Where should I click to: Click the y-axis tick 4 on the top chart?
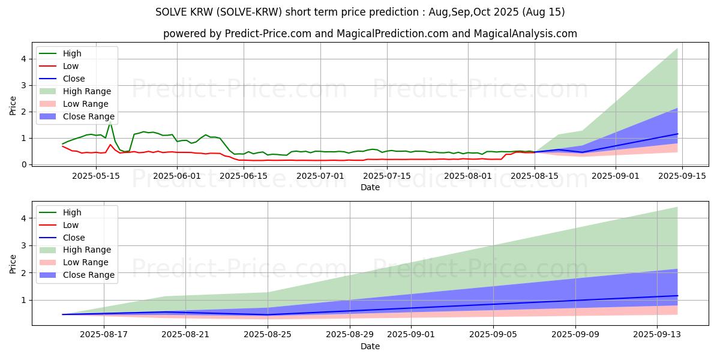pyautogui.click(x=24, y=59)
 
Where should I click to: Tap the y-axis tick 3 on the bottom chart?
pyautogui.click(x=24, y=246)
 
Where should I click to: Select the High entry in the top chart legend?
pyautogui.click(x=72, y=53)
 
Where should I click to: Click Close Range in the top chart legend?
pyautogui.click(x=88, y=116)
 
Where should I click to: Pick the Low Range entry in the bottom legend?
pyautogui.click(x=85, y=262)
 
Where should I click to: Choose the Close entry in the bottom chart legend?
pyautogui.click(x=74, y=238)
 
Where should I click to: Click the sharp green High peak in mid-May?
pyautogui.click(x=110, y=121)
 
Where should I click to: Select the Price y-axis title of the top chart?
pyautogui.click(x=13, y=104)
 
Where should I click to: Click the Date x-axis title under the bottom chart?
pyautogui.click(x=370, y=346)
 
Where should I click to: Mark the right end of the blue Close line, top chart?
pyautogui.click(x=677, y=134)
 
